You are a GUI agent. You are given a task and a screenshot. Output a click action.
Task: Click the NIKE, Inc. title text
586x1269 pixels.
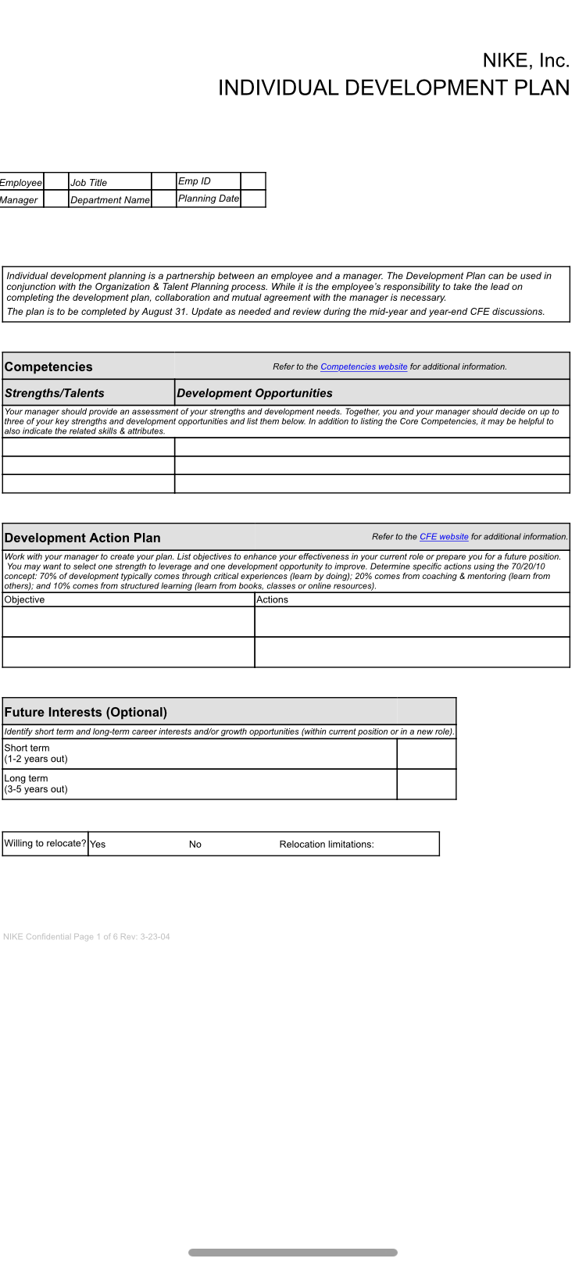[x=526, y=61]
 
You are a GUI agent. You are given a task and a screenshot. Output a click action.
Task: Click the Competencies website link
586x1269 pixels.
[x=364, y=367]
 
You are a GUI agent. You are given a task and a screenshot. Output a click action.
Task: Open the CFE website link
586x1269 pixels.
[x=444, y=537]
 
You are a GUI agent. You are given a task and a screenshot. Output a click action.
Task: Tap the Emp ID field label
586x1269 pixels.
[x=195, y=181]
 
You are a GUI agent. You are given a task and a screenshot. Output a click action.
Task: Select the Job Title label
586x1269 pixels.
[x=89, y=183]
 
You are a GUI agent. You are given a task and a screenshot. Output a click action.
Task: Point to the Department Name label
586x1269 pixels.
[x=110, y=200]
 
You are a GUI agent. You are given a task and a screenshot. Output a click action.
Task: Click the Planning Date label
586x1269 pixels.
[x=209, y=198]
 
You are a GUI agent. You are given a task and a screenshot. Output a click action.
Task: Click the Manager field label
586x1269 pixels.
[x=19, y=200]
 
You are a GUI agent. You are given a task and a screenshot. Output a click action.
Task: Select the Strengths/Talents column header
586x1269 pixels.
[x=55, y=393]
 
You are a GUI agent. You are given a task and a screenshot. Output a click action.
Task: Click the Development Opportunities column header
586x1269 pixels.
[x=255, y=393]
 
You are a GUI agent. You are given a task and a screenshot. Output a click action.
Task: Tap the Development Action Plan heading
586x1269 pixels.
[x=83, y=538]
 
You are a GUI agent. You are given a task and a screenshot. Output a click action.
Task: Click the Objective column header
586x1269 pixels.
[x=25, y=600]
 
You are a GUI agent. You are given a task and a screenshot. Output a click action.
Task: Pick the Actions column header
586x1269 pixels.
[x=273, y=600]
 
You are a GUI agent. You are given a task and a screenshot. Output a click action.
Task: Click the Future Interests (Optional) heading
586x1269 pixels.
[x=86, y=712]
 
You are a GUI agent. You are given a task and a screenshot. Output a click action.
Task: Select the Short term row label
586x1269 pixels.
[x=27, y=749]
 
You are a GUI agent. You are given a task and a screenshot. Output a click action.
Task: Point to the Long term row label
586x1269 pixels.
[x=27, y=779]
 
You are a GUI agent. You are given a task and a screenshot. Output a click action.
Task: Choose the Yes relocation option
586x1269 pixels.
[x=98, y=845]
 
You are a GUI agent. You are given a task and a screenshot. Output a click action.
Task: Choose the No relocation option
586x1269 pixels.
[x=195, y=845]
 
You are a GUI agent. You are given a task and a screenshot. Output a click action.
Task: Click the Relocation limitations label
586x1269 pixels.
[x=327, y=845]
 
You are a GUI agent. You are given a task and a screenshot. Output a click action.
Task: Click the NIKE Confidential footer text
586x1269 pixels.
[x=87, y=937]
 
